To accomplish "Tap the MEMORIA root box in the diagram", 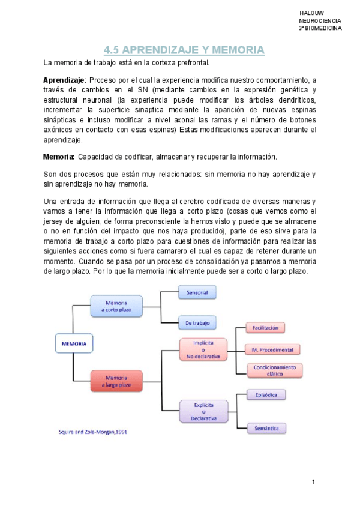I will click(x=74, y=344).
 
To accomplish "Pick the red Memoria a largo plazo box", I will click(x=116, y=381).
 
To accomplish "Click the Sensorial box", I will click(x=197, y=293).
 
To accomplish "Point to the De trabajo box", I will click(x=197, y=323).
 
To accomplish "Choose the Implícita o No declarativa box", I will click(x=204, y=349).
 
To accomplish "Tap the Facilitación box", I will click(x=265, y=328).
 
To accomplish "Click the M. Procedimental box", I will click(x=272, y=349).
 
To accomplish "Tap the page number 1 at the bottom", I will click(x=313, y=483).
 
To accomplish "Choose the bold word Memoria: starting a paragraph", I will click(x=59, y=157).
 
